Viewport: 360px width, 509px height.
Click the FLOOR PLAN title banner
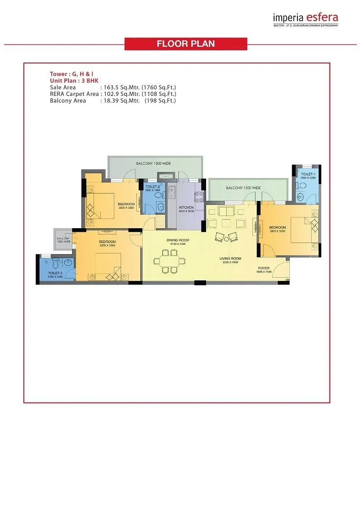coord(185,44)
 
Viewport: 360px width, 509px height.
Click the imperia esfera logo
coord(306,18)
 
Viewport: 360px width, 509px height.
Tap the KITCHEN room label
coord(186,207)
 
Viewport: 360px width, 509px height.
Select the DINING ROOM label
coord(178,240)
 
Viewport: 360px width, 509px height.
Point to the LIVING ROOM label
coord(230,259)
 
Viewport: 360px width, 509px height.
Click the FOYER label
coord(264,268)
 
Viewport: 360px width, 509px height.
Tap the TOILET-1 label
coord(308,174)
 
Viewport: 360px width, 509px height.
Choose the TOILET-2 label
coord(153,186)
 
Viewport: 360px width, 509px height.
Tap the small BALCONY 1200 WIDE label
coord(63,239)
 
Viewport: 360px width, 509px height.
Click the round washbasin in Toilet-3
coord(68,262)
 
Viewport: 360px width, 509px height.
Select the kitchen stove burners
coord(198,196)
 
